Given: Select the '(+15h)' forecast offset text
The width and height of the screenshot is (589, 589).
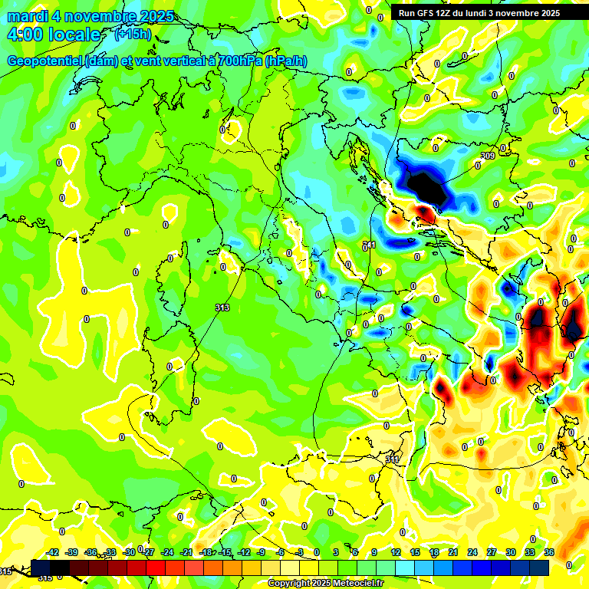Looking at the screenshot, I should (133, 35).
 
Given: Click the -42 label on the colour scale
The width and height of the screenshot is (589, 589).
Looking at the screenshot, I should (52, 552).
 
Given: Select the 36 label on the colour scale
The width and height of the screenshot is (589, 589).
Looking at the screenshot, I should (549, 552).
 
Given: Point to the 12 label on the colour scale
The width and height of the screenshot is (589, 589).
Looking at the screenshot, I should (396, 552).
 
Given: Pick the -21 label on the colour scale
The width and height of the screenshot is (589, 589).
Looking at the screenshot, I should (186, 552).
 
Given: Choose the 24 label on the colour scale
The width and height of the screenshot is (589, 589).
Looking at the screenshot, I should (472, 552).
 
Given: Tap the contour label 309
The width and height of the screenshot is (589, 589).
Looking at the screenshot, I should (487, 156).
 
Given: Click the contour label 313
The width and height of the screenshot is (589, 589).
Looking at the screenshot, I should (222, 308).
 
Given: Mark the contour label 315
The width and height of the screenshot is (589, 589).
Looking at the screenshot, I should (45, 577).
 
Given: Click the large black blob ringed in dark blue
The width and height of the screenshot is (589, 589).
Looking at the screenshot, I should (424, 185).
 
